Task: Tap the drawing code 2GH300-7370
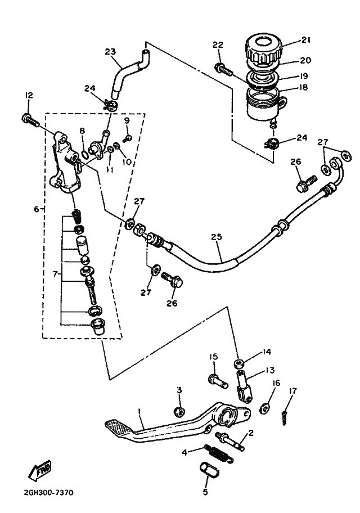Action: [48, 492]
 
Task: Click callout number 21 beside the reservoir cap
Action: [305, 40]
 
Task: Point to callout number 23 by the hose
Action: [111, 51]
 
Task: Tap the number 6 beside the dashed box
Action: [37, 209]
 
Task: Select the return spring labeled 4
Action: [217, 452]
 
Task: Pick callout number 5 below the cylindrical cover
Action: [205, 492]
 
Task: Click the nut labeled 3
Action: [179, 412]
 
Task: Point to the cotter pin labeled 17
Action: [284, 418]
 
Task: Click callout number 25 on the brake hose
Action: [217, 237]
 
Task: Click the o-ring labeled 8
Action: [84, 153]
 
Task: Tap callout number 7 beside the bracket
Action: [55, 273]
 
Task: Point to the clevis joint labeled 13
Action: [244, 386]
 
